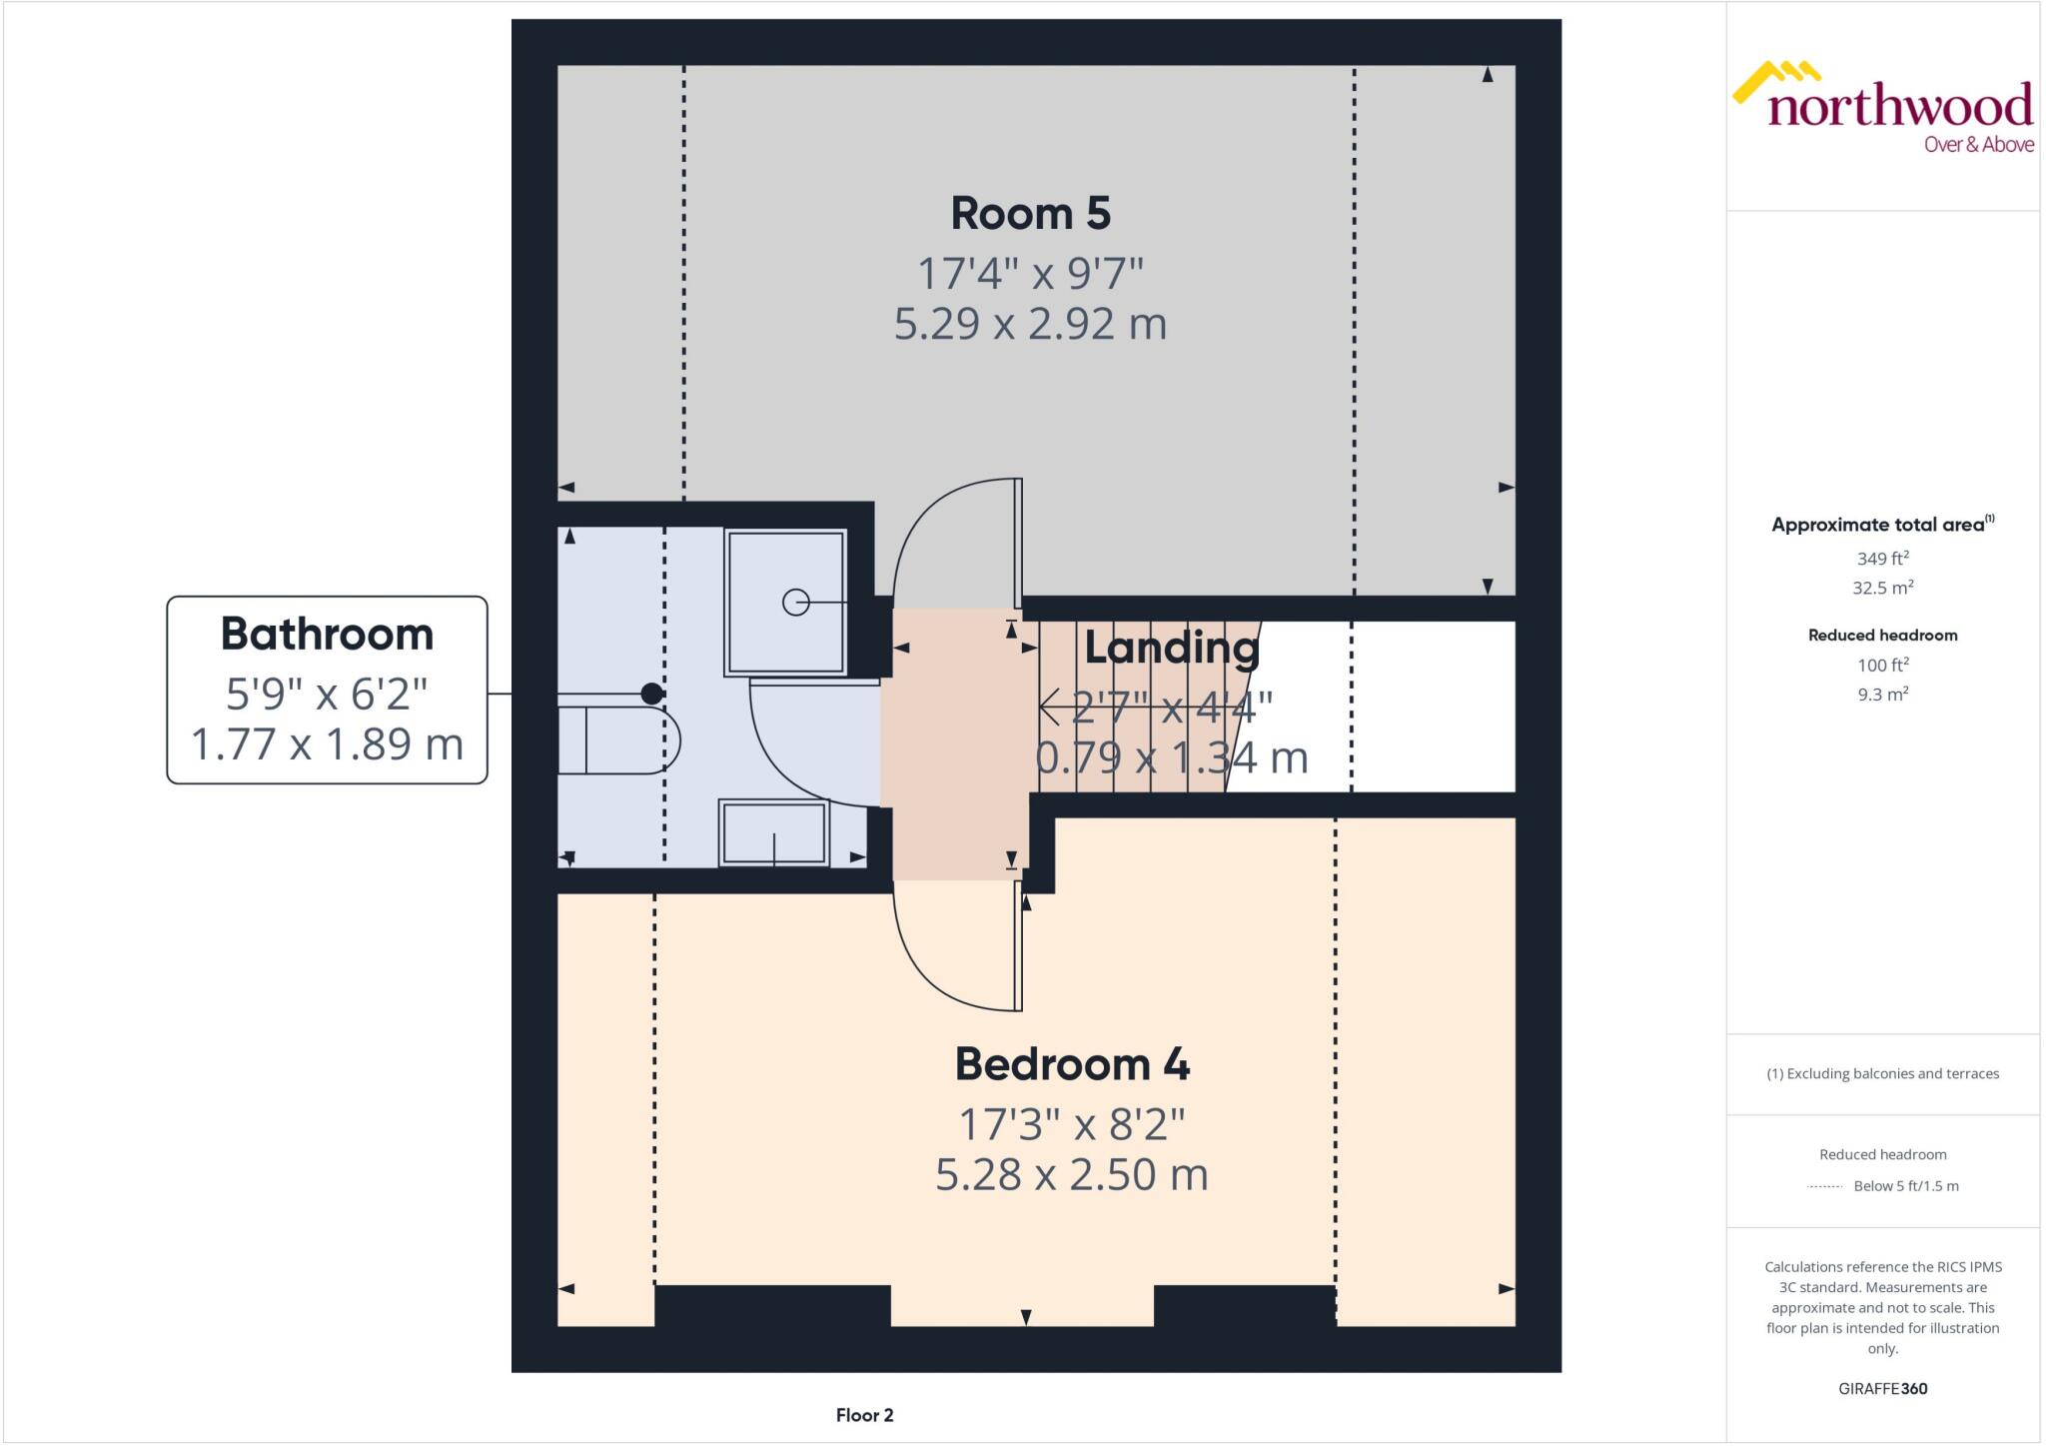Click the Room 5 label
(1030, 213)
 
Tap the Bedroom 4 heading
(1072, 1063)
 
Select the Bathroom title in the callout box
(327, 634)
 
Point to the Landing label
(1171, 648)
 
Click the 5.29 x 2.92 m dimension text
(1030, 324)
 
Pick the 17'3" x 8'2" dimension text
(1072, 1123)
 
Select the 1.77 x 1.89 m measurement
(327, 743)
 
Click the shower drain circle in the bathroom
(795, 603)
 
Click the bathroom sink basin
(774, 832)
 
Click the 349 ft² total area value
(1882, 559)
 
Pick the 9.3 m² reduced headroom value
(1882, 695)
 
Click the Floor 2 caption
(865, 1415)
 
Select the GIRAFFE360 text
(1882, 1388)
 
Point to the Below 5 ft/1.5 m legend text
(1906, 1186)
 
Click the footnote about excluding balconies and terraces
(1882, 1074)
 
